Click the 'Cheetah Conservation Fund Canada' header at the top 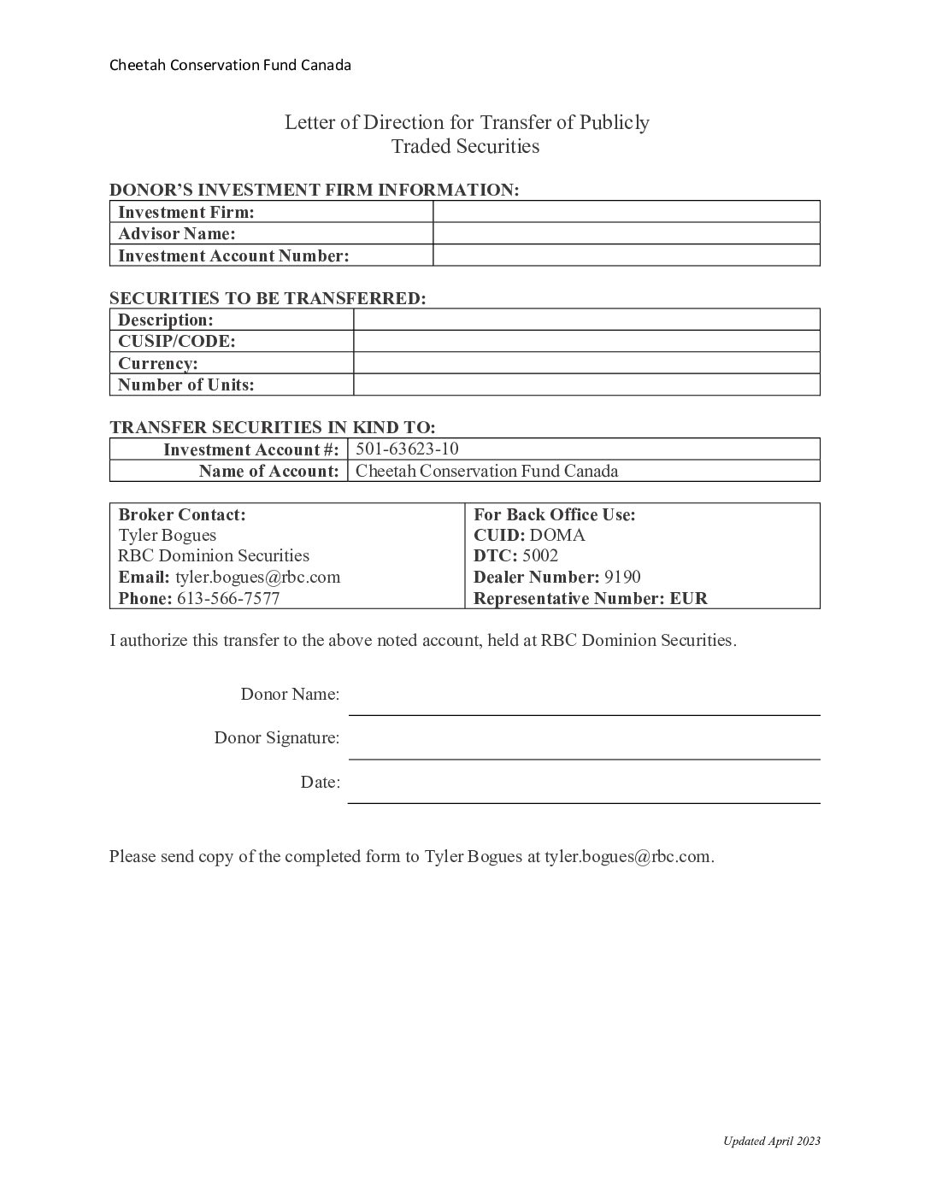coord(230,65)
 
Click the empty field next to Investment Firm coord(626,212)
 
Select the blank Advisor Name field coord(626,233)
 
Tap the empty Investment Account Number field coord(626,255)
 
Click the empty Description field coord(586,320)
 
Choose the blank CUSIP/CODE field coord(586,342)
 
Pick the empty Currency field coord(586,363)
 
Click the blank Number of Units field coord(586,384)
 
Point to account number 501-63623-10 coord(407,449)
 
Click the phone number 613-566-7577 coord(228,598)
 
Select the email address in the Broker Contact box coord(257,577)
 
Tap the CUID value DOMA coord(557,536)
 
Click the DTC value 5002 coord(540,556)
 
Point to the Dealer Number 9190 coord(622,577)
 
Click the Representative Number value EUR coord(689,598)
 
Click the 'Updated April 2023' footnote coord(771,1141)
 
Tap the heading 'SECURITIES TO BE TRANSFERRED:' coord(268,298)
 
